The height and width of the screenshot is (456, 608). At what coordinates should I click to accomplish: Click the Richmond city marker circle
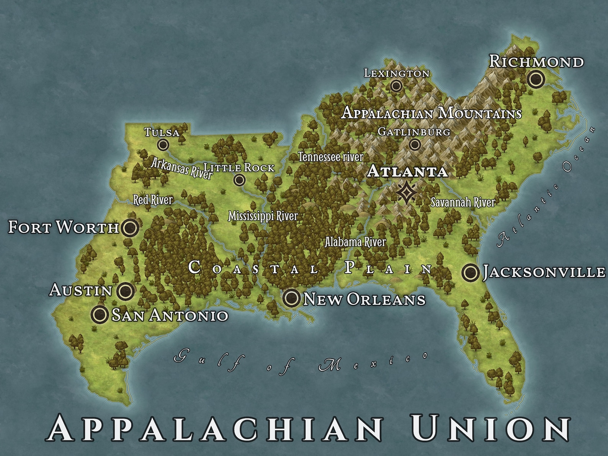(x=536, y=79)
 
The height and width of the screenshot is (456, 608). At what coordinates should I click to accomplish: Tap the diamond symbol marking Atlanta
(x=405, y=193)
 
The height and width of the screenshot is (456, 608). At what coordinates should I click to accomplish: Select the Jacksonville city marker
(x=470, y=273)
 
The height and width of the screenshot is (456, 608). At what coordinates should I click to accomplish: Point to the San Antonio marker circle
(x=100, y=314)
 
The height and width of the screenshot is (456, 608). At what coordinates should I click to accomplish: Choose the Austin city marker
(x=126, y=291)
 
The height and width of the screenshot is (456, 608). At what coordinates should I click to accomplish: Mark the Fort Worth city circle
(x=130, y=228)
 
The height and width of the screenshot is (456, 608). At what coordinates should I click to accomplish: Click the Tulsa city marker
(x=163, y=145)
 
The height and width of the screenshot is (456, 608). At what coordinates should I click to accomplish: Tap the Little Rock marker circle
(x=240, y=180)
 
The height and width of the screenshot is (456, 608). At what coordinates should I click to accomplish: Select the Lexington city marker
(x=396, y=86)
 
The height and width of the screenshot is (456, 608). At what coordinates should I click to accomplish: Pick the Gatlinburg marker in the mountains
(x=415, y=145)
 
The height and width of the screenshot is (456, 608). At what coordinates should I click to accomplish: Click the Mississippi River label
(x=263, y=216)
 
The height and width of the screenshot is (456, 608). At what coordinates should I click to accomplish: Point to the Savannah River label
(x=463, y=202)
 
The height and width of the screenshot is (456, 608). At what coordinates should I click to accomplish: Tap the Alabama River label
(x=355, y=242)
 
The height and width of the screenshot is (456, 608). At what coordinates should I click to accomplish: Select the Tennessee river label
(x=330, y=157)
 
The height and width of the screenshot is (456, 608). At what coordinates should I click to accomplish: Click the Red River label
(x=153, y=199)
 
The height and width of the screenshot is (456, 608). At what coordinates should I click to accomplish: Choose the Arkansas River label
(x=181, y=168)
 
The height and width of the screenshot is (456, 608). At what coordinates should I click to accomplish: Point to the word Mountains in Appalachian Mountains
(x=480, y=113)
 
